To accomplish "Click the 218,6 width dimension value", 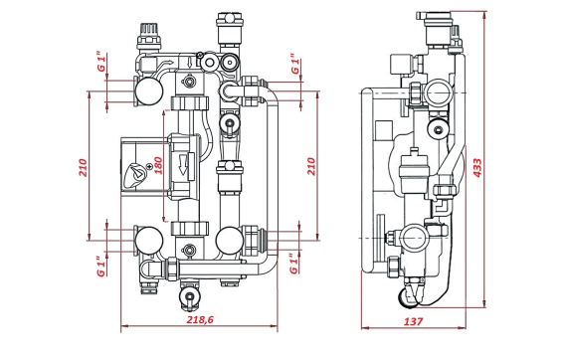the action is [200, 319].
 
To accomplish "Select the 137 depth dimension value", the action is [413, 321].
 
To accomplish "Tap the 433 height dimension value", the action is [477, 168].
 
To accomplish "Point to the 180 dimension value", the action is [158, 165].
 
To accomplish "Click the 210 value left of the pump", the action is [84, 168].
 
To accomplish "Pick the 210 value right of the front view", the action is [311, 166].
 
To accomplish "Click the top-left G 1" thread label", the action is [102, 62].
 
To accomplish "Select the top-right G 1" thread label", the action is [295, 64].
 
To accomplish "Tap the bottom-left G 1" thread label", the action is [101, 267].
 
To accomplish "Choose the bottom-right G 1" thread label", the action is [294, 264].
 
